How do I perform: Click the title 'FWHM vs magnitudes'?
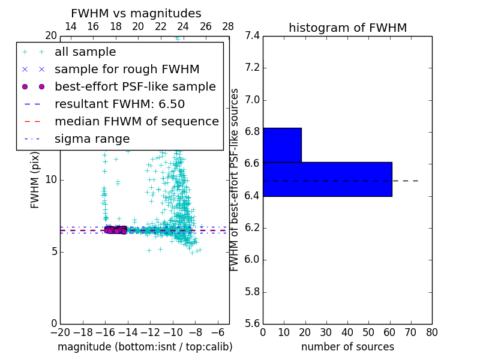(136, 13)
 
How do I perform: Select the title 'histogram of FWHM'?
(347, 28)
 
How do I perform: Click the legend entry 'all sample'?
(85, 52)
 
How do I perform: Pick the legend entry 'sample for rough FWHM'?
(127, 70)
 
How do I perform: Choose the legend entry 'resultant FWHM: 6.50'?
(119, 104)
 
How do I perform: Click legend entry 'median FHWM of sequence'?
(136, 121)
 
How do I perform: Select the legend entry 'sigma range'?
(92, 139)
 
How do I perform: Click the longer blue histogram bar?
(327, 179)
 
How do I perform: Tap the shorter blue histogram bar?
(282, 145)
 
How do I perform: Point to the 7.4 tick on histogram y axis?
(252, 36)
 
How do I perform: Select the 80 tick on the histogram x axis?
(432, 332)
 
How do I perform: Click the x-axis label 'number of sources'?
(347, 347)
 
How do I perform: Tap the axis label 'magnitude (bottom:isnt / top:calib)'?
(145, 347)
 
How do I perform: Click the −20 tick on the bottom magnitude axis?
(60, 332)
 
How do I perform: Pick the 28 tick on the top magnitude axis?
(229, 26)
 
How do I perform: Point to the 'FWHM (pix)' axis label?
(35, 180)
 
